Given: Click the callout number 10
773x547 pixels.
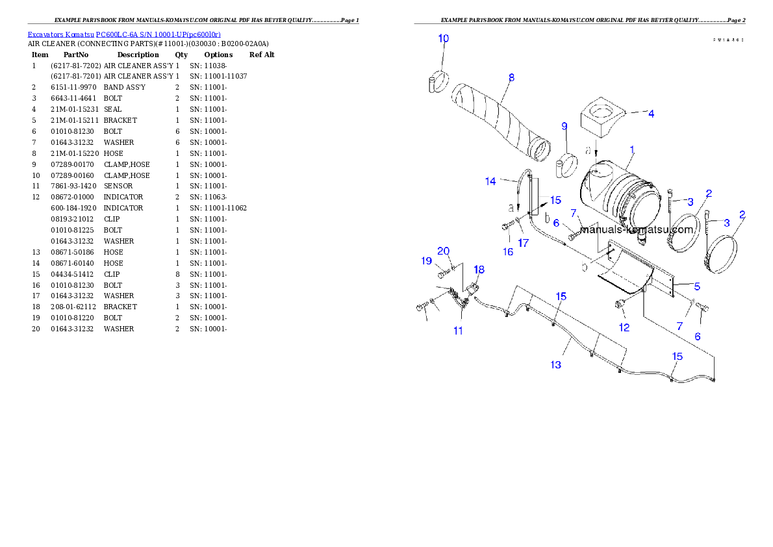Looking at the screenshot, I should (x=443, y=39).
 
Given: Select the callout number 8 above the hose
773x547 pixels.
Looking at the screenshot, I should (x=511, y=77).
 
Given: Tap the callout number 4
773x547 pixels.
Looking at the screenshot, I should (x=651, y=113).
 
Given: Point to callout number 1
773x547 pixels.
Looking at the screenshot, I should (x=632, y=150).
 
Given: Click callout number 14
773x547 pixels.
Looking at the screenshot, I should (x=491, y=181).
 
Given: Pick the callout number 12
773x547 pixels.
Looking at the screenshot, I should (x=624, y=327).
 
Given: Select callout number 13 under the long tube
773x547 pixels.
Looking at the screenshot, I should (x=556, y=364).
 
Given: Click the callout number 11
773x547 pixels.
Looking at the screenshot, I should (x=458, y=331).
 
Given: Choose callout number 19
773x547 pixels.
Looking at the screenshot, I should (x=427, y=261).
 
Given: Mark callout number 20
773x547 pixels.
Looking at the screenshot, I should (x=444, y=251).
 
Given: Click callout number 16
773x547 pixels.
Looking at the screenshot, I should (x=508, y=251).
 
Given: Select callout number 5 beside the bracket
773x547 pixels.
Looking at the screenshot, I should (x=696, y=286).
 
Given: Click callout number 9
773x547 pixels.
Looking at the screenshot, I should (x=564, y=125).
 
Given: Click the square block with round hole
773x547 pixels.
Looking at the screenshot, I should (x=601, y=120).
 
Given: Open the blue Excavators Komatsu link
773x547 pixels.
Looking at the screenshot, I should (x=124, y=34).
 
